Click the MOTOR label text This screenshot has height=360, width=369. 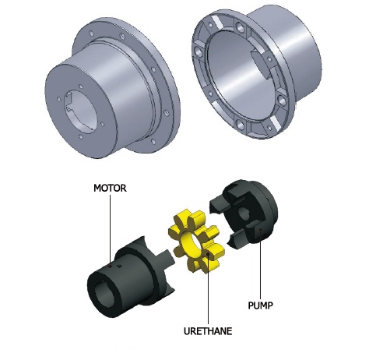pos(111,188)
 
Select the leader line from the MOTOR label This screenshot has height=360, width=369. pos(111,226)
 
